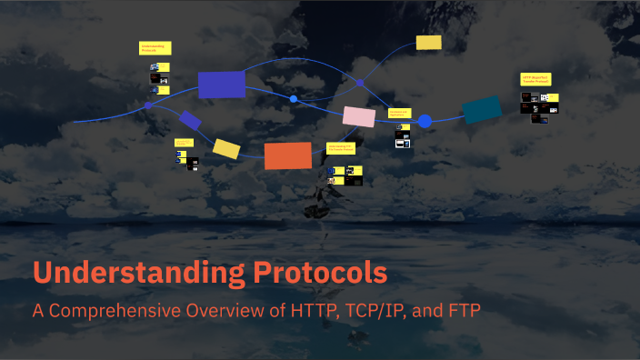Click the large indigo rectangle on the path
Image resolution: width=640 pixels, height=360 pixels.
pos(222,84)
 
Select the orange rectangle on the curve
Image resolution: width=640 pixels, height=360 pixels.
pos(288,155)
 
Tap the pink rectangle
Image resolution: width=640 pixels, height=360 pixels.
pos(358,116)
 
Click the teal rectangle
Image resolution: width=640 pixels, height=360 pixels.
pos(482,110)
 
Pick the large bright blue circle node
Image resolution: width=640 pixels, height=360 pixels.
pos(425,120)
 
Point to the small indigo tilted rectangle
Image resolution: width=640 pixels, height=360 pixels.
pos(191,120)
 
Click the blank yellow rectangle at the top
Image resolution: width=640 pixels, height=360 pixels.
pos(428,43)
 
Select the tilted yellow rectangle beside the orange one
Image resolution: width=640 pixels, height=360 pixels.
pos(226,147)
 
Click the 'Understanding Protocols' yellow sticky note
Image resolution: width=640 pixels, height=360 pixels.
pos(155,48)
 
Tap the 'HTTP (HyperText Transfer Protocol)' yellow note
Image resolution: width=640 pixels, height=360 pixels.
pos(539,80)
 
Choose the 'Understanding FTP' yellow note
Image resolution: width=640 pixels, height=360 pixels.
pos(345,147)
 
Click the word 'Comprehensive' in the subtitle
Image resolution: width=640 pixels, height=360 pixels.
pos(119,310)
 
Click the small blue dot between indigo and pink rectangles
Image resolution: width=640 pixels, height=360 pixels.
pos(293,98)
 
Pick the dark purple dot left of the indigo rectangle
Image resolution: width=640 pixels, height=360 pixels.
pos(148,106)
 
